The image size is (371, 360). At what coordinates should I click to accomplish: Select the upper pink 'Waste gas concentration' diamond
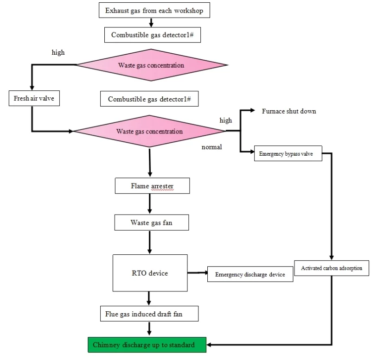click(151, 65)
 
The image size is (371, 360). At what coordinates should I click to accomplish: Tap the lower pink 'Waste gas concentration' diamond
click(149, 132)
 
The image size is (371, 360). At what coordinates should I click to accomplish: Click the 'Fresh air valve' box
click(34, 98)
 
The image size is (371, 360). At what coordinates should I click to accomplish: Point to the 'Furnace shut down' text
click(289, 111)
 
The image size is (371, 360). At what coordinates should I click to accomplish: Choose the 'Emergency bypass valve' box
click(288, 154)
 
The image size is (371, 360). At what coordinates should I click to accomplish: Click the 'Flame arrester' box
click(152, 186)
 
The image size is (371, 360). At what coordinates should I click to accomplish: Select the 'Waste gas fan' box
click(152, 223)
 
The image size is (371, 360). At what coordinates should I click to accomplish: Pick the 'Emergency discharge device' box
click(250, 274)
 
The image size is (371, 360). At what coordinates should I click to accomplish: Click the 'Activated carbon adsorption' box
click(332, 268)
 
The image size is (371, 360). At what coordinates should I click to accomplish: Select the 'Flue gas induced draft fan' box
click(149, 314)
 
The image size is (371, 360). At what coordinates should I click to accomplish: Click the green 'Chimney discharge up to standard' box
click(147, 345)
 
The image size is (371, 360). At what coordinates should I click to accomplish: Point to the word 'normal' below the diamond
click(211, 147)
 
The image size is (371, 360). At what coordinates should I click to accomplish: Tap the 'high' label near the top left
click(58, 52)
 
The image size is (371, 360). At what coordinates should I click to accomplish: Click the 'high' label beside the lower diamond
click(225, 120)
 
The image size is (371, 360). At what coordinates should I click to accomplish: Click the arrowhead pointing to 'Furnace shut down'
click(252, 111)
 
